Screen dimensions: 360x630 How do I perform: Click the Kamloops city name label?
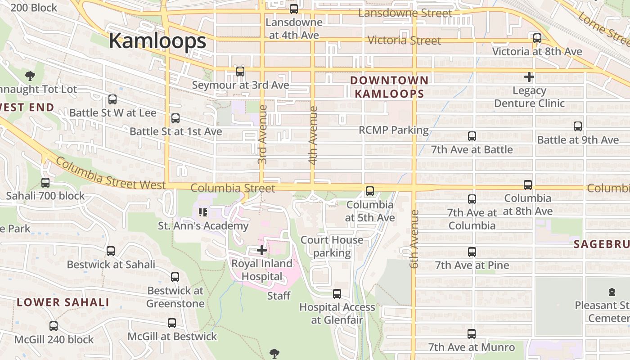pos(157,41)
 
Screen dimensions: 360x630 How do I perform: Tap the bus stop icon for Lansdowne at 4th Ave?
pos(294,9)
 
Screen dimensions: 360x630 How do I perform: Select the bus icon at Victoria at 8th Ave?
pos(537,38)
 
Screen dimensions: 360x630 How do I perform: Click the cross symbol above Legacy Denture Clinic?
pos(529,77)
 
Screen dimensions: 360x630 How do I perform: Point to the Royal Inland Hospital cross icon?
pos(261,250)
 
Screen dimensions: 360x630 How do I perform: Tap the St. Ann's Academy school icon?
pos(202,212)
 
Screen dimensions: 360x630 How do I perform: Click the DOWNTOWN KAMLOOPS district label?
pos(389,87)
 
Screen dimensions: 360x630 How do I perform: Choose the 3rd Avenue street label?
pos(263,134)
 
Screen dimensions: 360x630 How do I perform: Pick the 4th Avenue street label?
pos(313,135)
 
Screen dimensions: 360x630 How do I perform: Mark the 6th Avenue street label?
pos(414,239)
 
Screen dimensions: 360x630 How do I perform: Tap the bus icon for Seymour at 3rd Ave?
pos(240,72)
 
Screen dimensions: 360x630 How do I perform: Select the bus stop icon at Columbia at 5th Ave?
pos(369,191)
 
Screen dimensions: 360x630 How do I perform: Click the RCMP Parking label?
pos(393,130)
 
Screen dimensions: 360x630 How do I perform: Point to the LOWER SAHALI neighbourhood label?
pos(63,302)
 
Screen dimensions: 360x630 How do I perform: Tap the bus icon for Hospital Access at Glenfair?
pos(337,294)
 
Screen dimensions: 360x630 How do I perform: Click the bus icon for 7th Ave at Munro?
pos(471,334)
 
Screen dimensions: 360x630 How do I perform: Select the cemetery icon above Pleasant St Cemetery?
pos(612,292)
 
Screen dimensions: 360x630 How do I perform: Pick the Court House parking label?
pos(332,246)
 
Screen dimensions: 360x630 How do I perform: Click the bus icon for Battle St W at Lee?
pos(112,99)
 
